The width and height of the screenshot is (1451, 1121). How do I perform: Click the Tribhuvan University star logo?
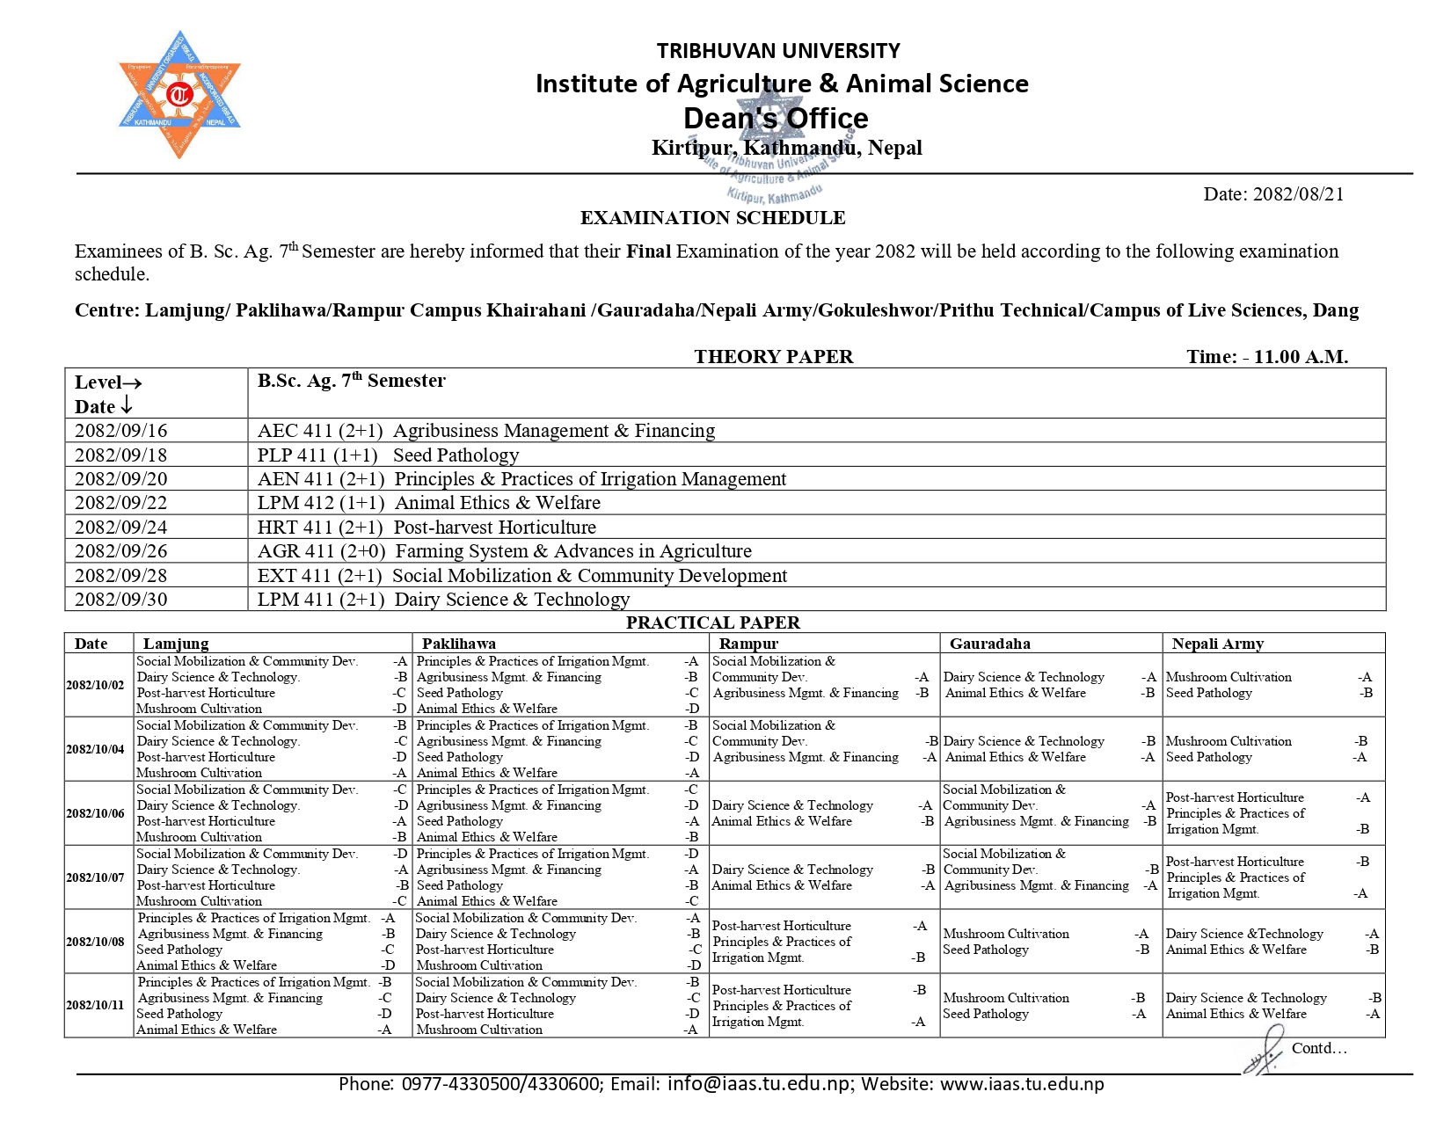coord(179,95)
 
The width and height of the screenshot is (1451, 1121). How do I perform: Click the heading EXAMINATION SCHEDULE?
coord(712,218)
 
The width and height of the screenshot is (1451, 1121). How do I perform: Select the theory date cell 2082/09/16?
coord(120,431)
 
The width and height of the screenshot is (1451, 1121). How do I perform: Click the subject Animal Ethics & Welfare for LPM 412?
coord(498,503)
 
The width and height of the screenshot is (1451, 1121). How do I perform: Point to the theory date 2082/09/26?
coord(120,551)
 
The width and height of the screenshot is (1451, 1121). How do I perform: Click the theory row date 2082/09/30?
coord(120,600)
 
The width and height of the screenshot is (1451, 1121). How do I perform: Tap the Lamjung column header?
coord(176,644)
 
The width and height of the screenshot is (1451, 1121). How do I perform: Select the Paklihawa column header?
coord(458,644)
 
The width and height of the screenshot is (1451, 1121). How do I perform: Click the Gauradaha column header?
coord(989,644)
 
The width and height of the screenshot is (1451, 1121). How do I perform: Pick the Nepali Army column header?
coord(1217,644)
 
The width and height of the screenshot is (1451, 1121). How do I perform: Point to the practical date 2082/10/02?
coord(95,685)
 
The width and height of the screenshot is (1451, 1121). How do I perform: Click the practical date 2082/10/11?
coord(95,1005)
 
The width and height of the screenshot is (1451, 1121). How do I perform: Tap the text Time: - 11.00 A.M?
coord(1266,357)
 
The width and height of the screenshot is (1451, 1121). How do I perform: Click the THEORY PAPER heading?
coord(773,357)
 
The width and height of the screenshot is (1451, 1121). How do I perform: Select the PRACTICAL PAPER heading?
coord(712,622)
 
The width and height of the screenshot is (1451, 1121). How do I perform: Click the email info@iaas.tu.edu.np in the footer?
coord(760,1084)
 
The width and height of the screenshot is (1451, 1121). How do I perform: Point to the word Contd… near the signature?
coord(1318,1048)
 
